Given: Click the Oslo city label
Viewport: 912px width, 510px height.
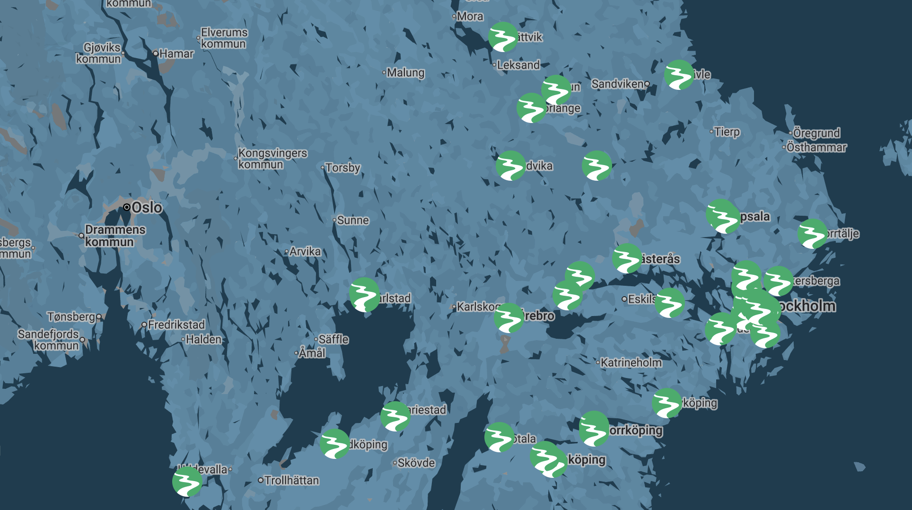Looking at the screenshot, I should point(147,207).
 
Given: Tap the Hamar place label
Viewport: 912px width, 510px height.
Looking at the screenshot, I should point(176,54).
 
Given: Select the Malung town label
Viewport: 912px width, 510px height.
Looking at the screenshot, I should point(405,73).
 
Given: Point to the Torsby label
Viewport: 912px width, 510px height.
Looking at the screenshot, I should point(343,168).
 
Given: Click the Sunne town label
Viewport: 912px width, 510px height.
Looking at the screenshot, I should point(353,220).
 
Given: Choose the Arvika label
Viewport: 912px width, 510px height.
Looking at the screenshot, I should point(305,252).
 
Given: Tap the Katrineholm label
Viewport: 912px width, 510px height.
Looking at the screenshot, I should point(631,363).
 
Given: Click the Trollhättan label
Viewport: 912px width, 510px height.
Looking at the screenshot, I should point(291,481).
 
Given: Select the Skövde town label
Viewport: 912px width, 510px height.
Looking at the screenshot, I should point(416,463).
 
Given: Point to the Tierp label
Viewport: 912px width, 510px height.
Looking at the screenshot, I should point(727,132).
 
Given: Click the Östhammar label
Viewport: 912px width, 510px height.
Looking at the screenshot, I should point(816,148).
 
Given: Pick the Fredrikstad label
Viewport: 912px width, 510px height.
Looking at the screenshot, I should point(176,325).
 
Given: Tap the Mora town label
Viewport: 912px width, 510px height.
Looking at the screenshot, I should point(470,17).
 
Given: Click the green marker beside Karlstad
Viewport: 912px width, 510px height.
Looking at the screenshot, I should point(364,295).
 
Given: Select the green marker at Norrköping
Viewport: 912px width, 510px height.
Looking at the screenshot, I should point(594,429).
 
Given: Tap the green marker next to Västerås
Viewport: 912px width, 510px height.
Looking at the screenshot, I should point(627,258).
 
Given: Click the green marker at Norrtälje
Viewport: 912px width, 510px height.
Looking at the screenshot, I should point(812,234).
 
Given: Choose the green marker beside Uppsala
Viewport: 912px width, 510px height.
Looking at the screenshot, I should point(723,216).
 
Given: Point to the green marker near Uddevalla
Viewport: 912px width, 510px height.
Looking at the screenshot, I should point(187,482).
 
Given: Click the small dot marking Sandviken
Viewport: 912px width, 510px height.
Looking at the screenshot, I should point(647,84).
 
